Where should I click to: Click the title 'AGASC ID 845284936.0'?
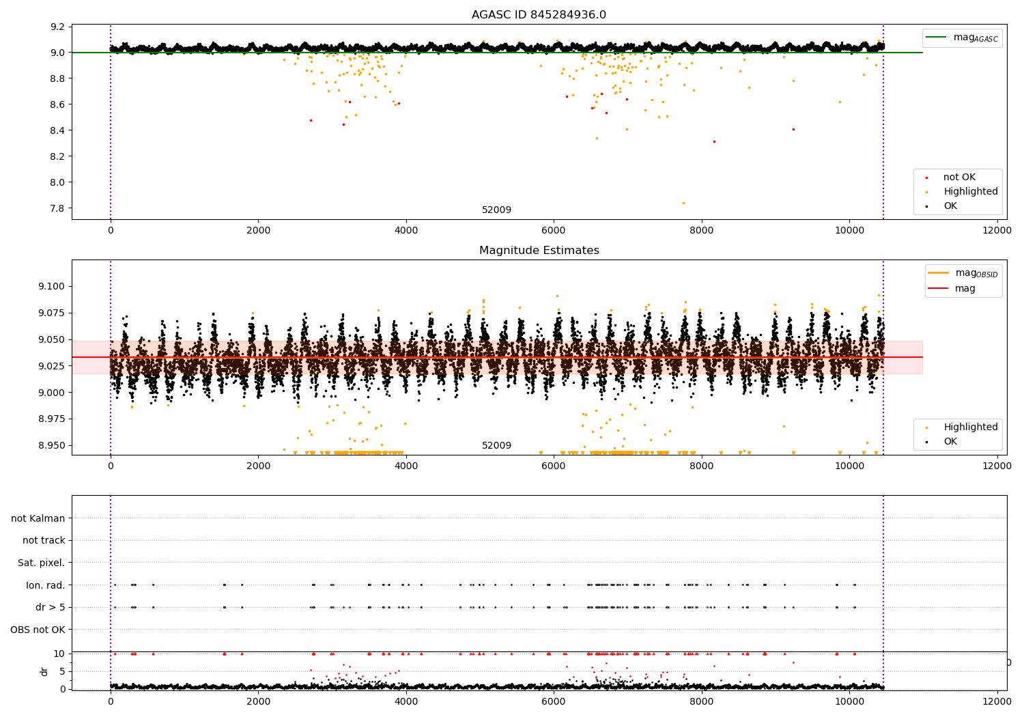coord(539,15)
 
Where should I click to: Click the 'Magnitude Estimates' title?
coord(539,251)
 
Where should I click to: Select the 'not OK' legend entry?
coord(959,178)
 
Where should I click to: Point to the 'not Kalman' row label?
coord(38,518)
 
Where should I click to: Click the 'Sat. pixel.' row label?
coord(42,563)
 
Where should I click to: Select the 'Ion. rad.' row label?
coord(46,585)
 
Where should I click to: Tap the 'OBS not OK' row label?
coord(38,630)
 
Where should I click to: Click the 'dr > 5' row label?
coord(51,607)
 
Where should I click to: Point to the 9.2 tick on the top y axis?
coord(58,27)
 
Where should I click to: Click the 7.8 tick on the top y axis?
coord(58,208)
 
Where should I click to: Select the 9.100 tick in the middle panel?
coord(52,286)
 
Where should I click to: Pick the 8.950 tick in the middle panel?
coord(52,445)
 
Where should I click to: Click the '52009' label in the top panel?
coord(496,210)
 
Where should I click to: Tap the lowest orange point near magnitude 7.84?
coord(683,203)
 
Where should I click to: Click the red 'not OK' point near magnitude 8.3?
coord(714,141)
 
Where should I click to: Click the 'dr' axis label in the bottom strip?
coord(44,671)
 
